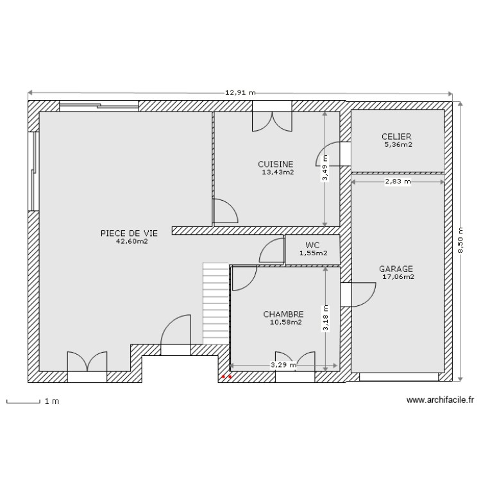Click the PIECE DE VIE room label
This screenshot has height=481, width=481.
[x=129, y=233]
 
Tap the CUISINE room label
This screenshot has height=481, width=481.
[x=276, y=164]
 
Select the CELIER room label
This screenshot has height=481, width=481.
[x=396, y=137]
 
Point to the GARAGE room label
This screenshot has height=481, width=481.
[x=396, y=269]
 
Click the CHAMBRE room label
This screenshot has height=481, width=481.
[x=283, y=314]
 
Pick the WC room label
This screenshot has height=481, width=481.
[x=312, y=245]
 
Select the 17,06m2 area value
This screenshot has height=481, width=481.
[x=398, y=278]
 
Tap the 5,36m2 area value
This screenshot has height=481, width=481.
[x=398, y=145]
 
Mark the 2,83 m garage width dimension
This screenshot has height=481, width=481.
[x=398, y=181]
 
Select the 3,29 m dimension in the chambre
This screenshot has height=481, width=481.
[x=283, y=365]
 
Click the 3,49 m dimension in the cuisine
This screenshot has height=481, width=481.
[x=325, y=168]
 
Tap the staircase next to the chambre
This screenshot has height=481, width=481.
[x=216, y=303]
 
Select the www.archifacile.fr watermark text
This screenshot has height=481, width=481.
[x=440, y=401]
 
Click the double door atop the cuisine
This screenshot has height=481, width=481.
[x=273, y=121]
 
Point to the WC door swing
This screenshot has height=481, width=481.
[x=272, y=251]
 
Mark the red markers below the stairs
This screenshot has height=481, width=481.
[x=226, y=378]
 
